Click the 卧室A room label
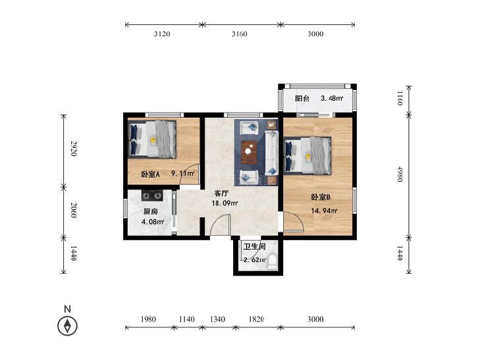(150, 174)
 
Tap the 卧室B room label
(321, 197)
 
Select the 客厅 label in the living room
(221, 193)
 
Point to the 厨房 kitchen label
(150, 212)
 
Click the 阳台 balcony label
(302, 99)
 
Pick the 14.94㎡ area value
(324, 211)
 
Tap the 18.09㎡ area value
(225, 203)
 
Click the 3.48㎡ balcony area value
(332, 99)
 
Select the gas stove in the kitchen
(152, 195)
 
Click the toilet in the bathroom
(273, 263)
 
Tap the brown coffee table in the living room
(249, 152)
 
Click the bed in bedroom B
(307, 156)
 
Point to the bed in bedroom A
(152, 139)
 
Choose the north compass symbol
(67, 326)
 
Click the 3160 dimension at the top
(239, 34)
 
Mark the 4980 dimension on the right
(400, 174)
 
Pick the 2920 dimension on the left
(74, 149)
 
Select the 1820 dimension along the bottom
(256, 319)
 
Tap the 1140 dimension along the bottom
(186, 319)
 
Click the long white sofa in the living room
(271, 153)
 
